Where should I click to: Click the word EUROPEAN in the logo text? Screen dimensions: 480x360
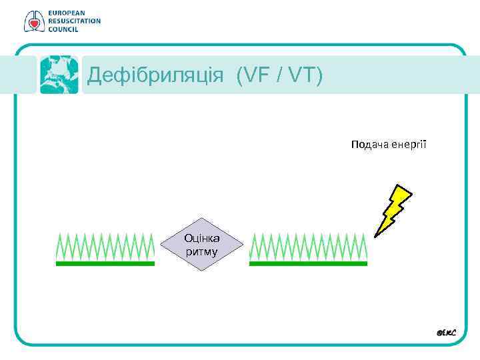pyautogui.click(x=66, y=13)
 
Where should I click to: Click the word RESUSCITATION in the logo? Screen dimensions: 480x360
pyautogui.click(x=74, y=21)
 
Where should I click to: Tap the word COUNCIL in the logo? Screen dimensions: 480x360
pyautogui.click(x=63, y=29)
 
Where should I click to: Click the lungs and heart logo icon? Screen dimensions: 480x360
pyautogui.click(x=32, y=21)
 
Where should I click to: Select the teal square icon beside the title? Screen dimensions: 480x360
pyautogui.click(x=59, y=75)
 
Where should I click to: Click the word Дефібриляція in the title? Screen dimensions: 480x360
pyautogui.click(x=155, y=76)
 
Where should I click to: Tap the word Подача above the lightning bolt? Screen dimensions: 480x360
pyautogui.click(x=370, y=144)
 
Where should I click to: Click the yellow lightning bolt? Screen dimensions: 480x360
pyautogui.click(x=393, y=209)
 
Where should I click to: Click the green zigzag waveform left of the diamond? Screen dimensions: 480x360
pyautogui.click(x=105, y=246)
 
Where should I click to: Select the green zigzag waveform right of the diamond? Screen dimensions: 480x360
pyautogui.click(x=308, y=246)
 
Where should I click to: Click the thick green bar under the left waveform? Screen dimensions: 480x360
pyautogui.click(x=105, y=263)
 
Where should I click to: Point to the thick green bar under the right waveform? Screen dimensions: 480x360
pyautogui.click(x=308, y=263)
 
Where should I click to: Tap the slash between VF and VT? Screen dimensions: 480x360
pyautogui.click(x=277, y=76)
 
